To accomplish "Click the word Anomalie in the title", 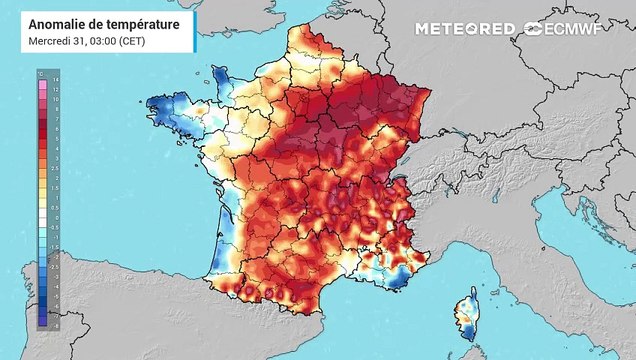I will click(56, 22).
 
